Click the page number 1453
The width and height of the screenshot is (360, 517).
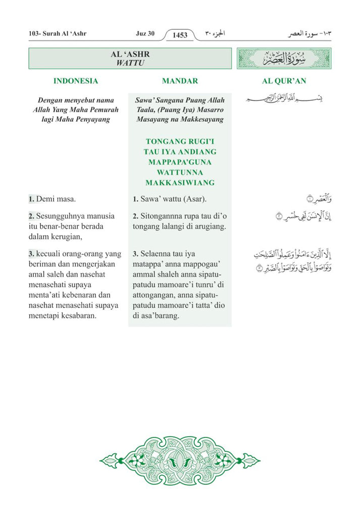point(180,35)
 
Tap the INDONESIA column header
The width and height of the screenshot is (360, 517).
point(76,81)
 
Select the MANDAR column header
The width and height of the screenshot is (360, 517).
point(180,81)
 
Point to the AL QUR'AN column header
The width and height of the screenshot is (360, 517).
point(284,81)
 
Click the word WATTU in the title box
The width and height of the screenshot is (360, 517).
point(130,63)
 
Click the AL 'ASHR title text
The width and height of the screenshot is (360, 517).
point(130,54)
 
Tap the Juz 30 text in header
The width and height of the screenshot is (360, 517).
point(145,34)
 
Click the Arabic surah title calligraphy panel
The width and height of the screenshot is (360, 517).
point(284,59)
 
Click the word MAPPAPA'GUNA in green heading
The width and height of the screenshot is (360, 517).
point(180,162)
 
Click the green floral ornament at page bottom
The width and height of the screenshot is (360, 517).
point(180,460)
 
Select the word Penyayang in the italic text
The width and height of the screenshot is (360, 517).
point(92,120)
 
